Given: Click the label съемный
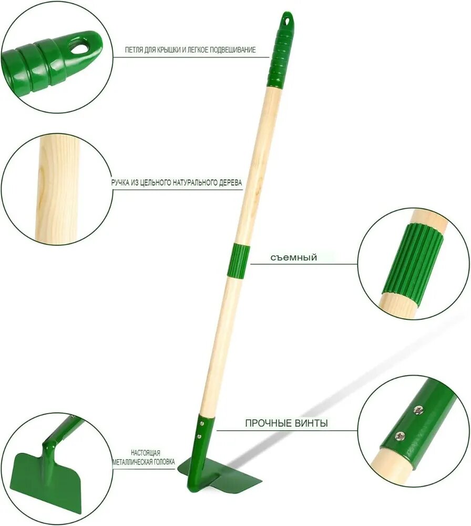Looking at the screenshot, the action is click(294, 258).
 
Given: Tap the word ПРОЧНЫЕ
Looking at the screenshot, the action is click(269, 423).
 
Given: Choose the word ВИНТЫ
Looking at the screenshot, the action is click(311, 423).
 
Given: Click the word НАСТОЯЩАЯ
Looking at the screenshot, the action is click(146, 453).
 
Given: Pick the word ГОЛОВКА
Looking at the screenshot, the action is click(164, 462).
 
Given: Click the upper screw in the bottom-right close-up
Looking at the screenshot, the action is click(418, 410).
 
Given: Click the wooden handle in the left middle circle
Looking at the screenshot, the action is click(57, 188).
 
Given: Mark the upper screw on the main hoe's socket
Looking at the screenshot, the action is click(202, 424).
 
